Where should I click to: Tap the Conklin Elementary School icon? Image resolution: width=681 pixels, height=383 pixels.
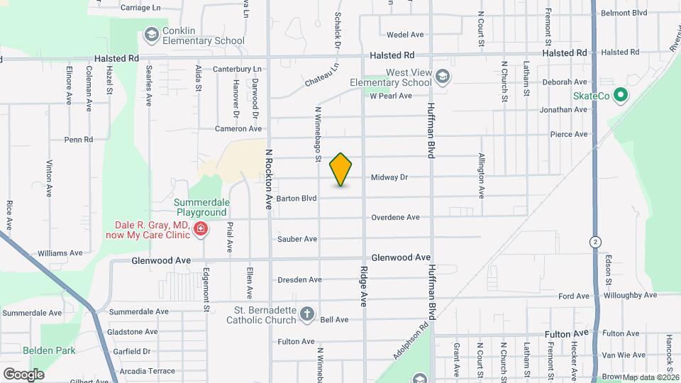[150, 34]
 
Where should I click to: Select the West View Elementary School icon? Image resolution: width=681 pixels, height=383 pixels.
[443, 76]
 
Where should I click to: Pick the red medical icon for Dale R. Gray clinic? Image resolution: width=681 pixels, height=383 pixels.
[201, 228]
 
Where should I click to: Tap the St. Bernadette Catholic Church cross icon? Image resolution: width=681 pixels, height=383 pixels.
[307, 313]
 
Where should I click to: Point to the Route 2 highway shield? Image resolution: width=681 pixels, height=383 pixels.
[594, 241]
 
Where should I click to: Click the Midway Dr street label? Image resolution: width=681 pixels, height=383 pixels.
[389, 177]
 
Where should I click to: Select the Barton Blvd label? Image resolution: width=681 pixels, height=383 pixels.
[297, 199]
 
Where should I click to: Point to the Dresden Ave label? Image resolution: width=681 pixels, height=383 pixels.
[299, 279]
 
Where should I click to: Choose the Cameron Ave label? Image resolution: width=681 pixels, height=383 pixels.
[239, 128]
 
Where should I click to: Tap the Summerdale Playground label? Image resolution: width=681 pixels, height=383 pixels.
[201, 207]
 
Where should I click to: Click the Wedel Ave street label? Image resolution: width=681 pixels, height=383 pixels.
[405, 34]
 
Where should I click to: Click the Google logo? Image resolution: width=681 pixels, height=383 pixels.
[23, 374]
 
